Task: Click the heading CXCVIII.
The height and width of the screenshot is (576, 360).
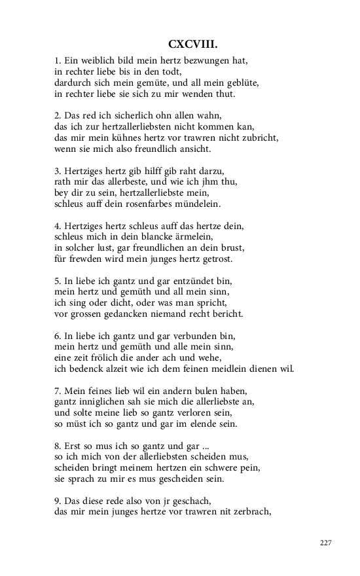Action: pos(192,44)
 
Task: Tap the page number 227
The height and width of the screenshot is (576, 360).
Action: pos(327,543)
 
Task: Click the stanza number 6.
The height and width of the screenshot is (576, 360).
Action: pos(57,336)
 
